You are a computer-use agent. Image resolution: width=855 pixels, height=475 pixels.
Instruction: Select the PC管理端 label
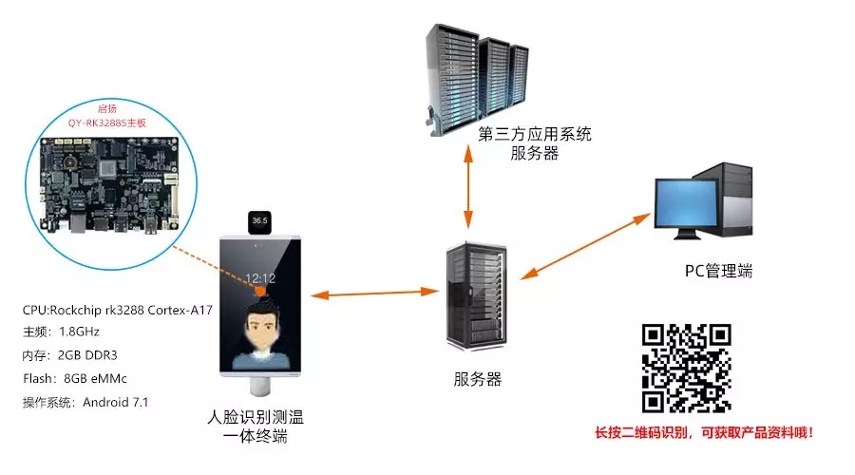pyautogui.click(x=718, y=271)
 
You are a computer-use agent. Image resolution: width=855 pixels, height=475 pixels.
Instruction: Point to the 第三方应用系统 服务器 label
pyautogui.click(x=535, y=143)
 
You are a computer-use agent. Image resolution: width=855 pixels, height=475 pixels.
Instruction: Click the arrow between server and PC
pyautogui.click(x=582, y=248)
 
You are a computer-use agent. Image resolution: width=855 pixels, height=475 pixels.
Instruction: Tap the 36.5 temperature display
pyautogui.click(x=259, y=221)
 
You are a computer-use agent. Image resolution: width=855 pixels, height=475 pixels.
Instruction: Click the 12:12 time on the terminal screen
pyautogui.click(x=261, y=279)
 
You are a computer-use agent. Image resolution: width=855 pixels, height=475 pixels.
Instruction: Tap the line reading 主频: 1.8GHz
pyautogui.click(x=61, y=332)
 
